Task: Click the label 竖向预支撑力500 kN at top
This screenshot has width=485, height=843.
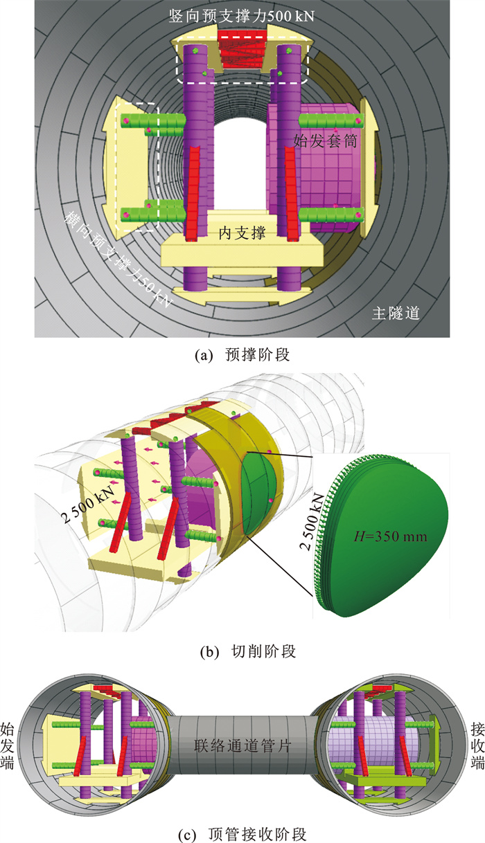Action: pos(242,15)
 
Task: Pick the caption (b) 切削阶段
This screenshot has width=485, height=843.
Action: pos(242,651)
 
